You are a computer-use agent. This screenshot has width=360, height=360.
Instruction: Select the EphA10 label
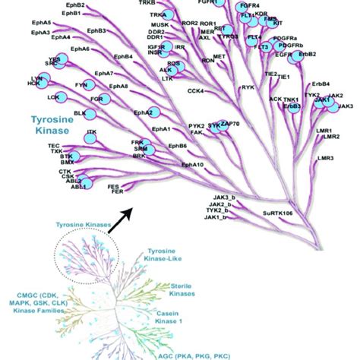192,165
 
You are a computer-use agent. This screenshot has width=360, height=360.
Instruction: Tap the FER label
117,192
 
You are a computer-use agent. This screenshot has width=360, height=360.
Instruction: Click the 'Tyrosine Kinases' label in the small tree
80,225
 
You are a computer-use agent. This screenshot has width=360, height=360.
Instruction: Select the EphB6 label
178,146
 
